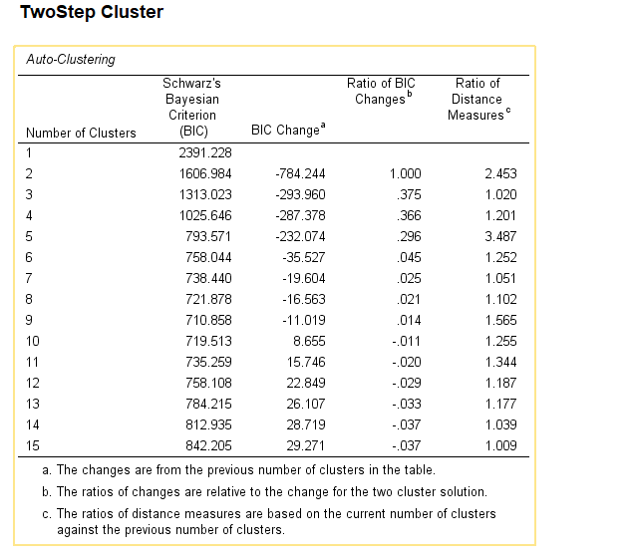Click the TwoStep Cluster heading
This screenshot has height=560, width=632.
pos(91,13)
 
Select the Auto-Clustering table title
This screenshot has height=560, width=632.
pos(70,60)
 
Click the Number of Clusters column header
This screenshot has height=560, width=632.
pos(81,133)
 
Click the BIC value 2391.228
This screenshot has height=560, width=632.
pos(203,152)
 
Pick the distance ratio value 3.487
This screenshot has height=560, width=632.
pos(499,236)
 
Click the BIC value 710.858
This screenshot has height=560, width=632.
pos(206,320)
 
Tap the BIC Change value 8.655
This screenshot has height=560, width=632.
pos(308,341)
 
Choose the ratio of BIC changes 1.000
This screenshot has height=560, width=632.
pos(405,173)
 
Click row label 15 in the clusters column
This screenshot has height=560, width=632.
pos(33,445)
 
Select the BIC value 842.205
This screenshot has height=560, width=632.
pos(206,445)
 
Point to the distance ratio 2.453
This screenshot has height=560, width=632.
pos(499,173)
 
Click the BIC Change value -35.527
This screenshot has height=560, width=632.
pos(302,257)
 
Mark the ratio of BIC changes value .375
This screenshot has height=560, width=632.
pos(409,194)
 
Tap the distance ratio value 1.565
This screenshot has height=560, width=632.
pos(499,320)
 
